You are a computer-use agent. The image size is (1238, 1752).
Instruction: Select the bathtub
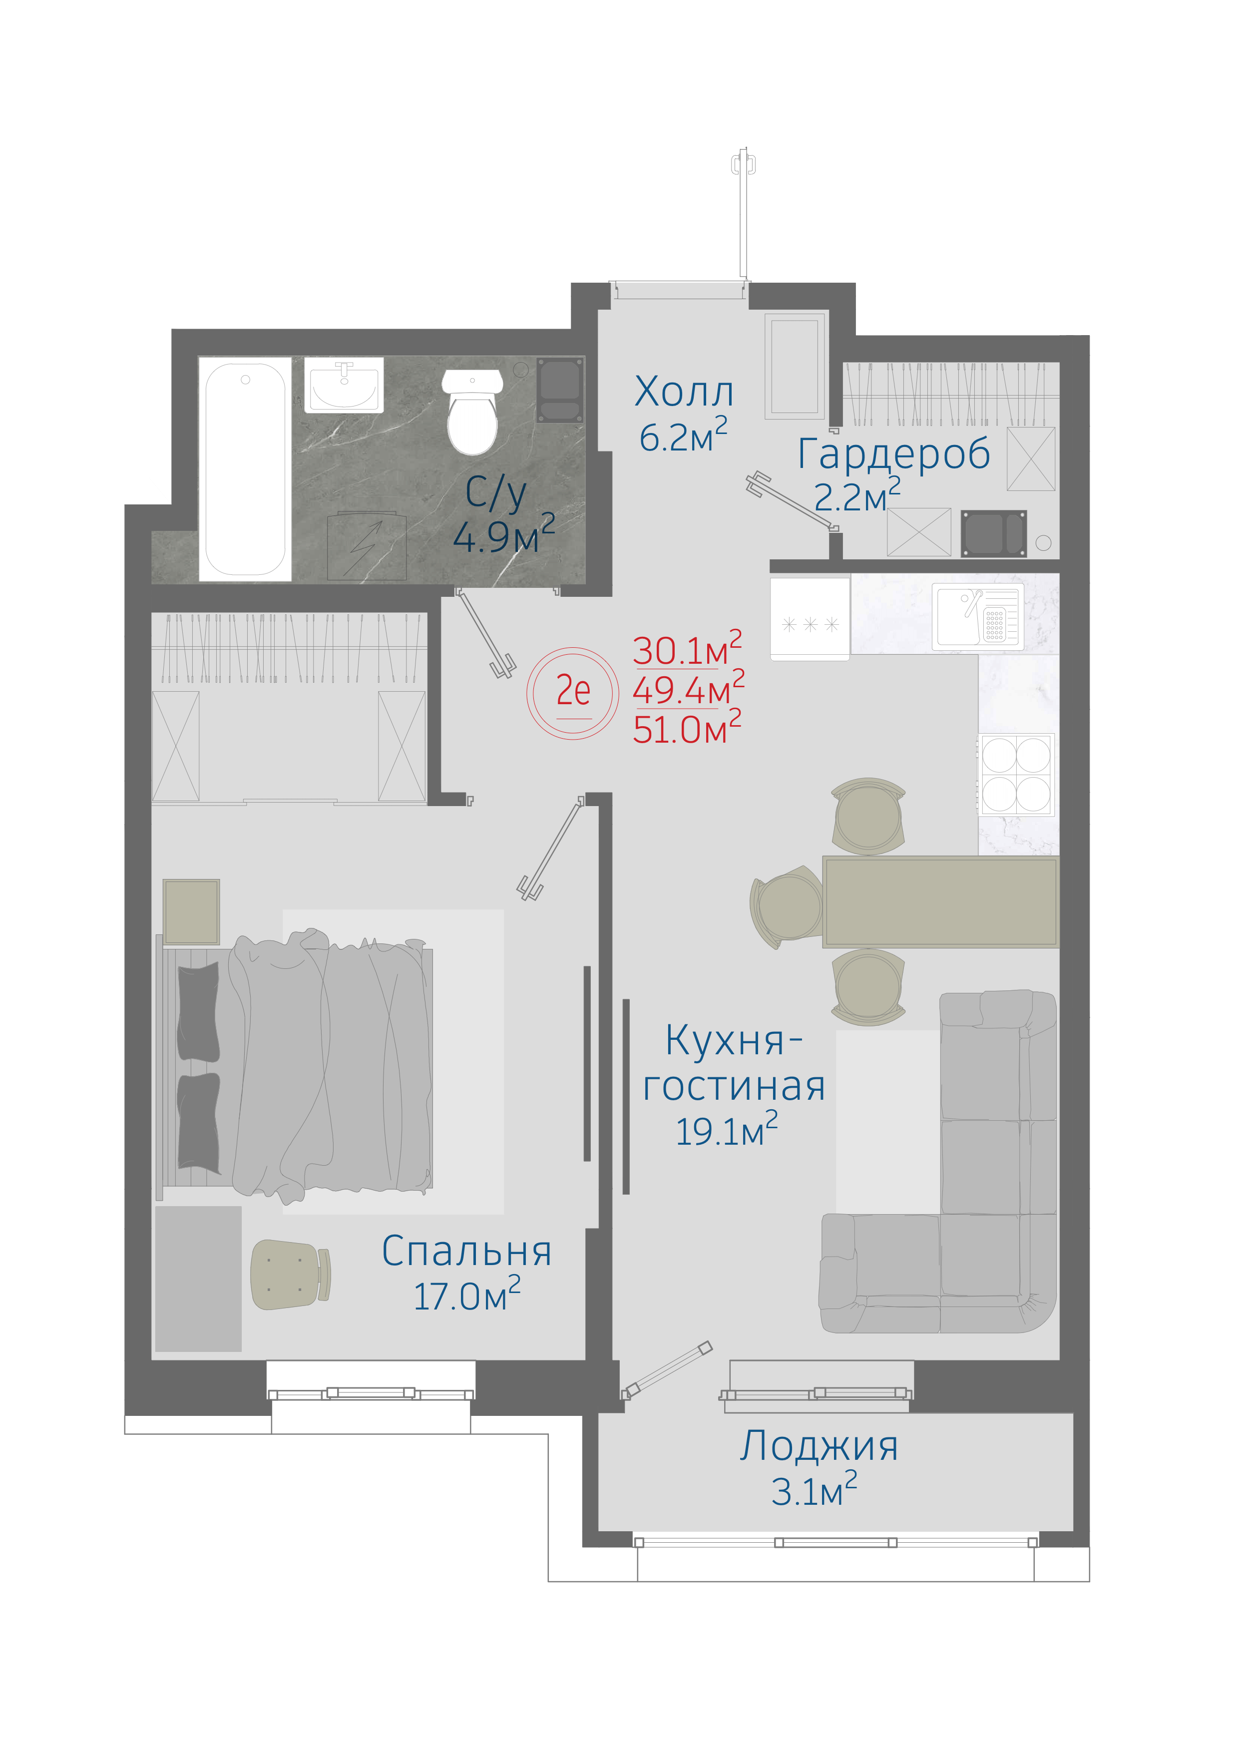pos(245,468)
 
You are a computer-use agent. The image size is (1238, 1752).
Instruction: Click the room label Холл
pos(684,392)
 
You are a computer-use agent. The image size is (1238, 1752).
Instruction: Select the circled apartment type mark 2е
pos(572,692)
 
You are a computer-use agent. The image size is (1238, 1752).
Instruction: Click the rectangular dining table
pos(940,902)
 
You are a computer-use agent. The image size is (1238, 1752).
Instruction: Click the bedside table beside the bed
pos(191,912)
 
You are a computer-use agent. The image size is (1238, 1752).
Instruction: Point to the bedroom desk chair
pos(290,1275)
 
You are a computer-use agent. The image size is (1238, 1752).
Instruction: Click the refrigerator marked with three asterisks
pos(810,619)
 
